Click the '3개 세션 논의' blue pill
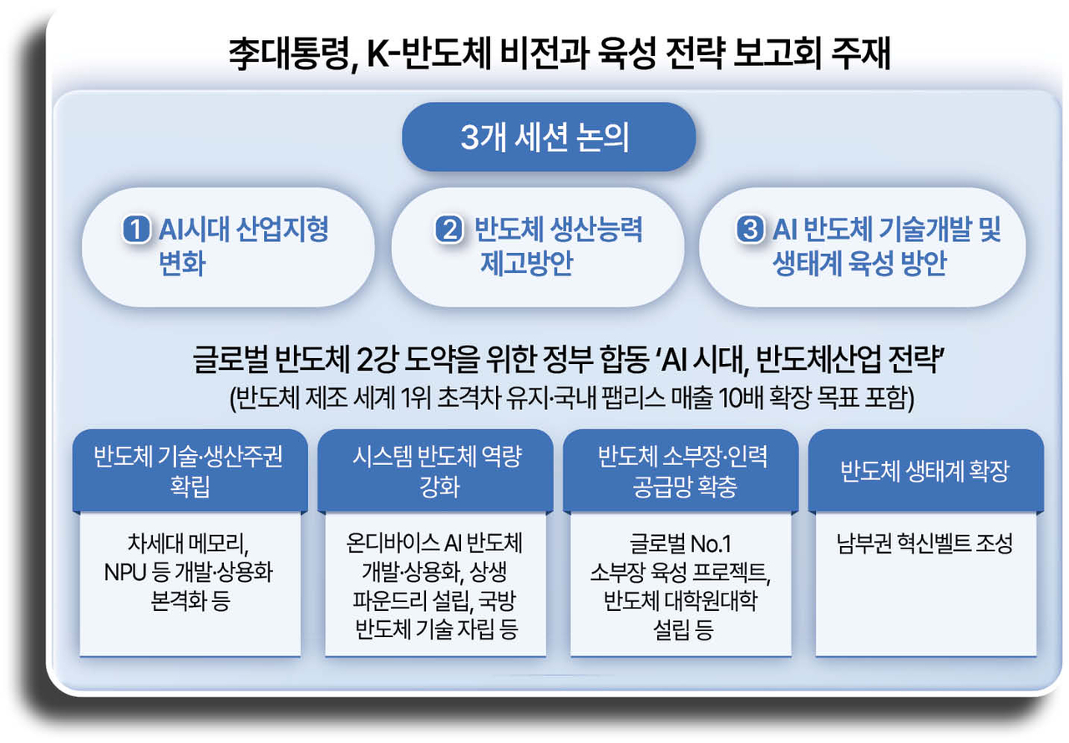pos(549,138)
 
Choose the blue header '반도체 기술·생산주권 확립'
pos(190,472)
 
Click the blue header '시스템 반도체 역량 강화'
pos(434,472)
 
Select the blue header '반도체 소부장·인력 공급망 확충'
pos(681,472)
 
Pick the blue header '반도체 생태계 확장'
pos(925,472)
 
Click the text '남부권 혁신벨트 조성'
pos(925,545)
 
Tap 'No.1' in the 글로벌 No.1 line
pos(712,545)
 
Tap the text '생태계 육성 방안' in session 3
pos(859,265)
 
